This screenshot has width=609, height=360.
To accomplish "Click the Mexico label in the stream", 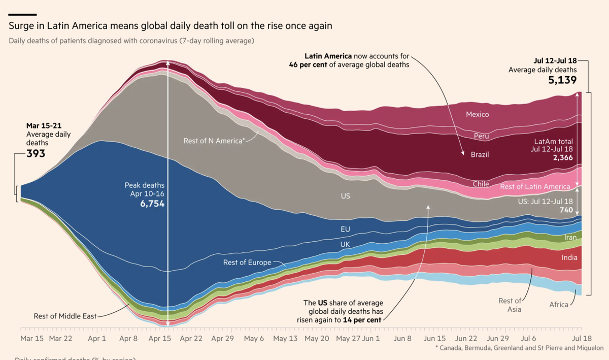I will [477, 114].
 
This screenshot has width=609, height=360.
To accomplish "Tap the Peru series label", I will [481, 136].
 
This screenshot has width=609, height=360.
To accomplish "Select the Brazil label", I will [480, 154].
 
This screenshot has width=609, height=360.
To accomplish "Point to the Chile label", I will [481, 184].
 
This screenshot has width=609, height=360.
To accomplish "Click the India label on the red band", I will [569, 257].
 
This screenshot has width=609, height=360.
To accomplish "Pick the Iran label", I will [570, 237].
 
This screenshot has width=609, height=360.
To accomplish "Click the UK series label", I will [345, 244].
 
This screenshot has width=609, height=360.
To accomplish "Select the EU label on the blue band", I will [345, 229].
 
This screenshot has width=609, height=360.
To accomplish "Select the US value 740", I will [566, 210].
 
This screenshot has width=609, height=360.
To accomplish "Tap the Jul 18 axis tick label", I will [582, 338].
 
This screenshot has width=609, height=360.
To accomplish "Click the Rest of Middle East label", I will [64, 316].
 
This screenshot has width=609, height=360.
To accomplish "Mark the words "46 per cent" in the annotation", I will [308, 64].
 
